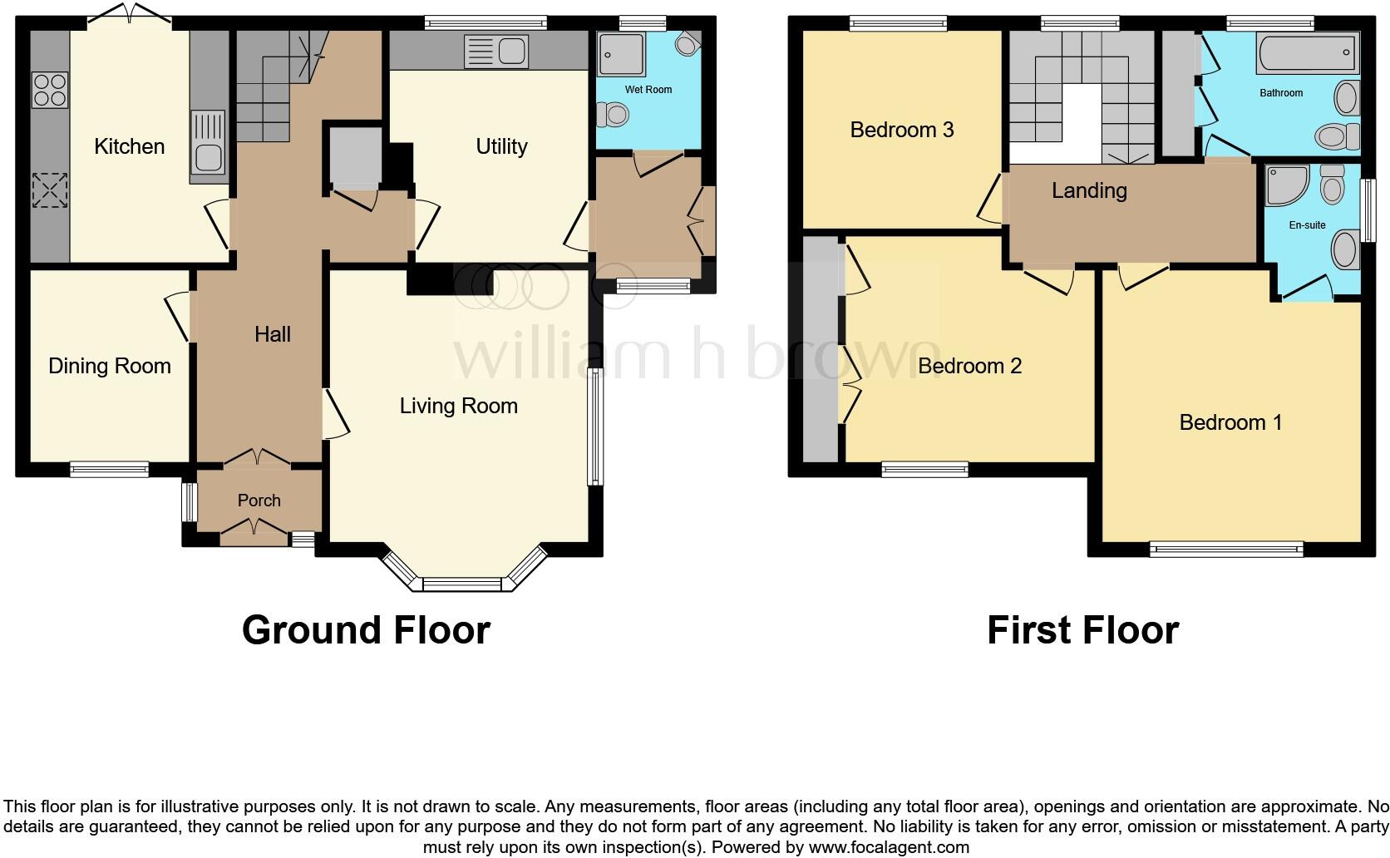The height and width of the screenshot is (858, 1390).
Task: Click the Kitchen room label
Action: click(129, 147)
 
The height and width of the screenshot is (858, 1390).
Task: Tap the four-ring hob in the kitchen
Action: click(49, 91)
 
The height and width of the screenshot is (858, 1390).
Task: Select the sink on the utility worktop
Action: click(496, 52)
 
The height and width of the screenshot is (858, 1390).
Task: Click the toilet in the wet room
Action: click(614, 114)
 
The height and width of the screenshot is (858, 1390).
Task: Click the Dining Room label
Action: click(109, 367)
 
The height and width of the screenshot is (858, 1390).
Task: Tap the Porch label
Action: click(259, 500)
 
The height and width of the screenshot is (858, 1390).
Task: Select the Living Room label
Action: click(458, 407)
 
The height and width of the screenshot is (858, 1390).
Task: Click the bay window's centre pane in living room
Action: click(462, 584)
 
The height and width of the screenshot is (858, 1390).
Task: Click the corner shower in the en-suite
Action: click(1285, 185)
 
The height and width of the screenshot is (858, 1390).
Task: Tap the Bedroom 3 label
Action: click(901, 131)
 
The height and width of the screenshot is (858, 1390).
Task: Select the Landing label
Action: click(1088, 191)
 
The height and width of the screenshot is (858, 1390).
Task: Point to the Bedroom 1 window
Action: click(1226, 548)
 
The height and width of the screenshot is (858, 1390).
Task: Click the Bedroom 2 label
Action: click(969, 367)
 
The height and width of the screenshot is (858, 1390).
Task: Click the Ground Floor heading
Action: click(366, 630)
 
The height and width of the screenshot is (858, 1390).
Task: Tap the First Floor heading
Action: click(1082, 630)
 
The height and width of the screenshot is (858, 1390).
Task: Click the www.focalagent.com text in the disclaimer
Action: click(888, 848)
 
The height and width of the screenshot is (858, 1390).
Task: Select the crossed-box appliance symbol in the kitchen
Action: click(49, 190)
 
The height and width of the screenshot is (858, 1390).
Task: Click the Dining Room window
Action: click(109, 470)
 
